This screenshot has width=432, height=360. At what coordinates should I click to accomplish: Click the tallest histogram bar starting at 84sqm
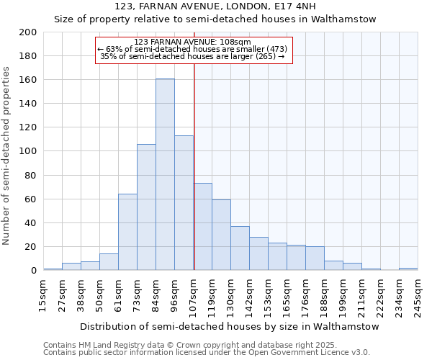click(x=165, y=174)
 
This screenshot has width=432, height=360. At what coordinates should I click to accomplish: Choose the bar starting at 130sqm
click(x=240, y=248)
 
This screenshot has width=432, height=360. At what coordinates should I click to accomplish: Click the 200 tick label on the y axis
click(x=28, y=32)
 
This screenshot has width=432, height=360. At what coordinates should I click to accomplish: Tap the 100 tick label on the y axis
click(x=28, y=151)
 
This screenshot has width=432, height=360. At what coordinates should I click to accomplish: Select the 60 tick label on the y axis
click(x=31, y=199)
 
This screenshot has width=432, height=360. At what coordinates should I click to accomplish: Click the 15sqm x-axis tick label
click(x=44, y=294)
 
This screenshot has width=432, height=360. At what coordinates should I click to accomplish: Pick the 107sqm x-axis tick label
click(x=194, y=297)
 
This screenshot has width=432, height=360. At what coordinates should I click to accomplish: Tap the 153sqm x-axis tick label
click(x=269, y=297)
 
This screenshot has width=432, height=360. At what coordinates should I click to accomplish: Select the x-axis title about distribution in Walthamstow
click(x=229, y=326)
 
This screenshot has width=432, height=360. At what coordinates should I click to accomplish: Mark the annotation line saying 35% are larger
click(x=192, y=56)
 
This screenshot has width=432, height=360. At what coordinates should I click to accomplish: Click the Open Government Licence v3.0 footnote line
click(x=207, y=352)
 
